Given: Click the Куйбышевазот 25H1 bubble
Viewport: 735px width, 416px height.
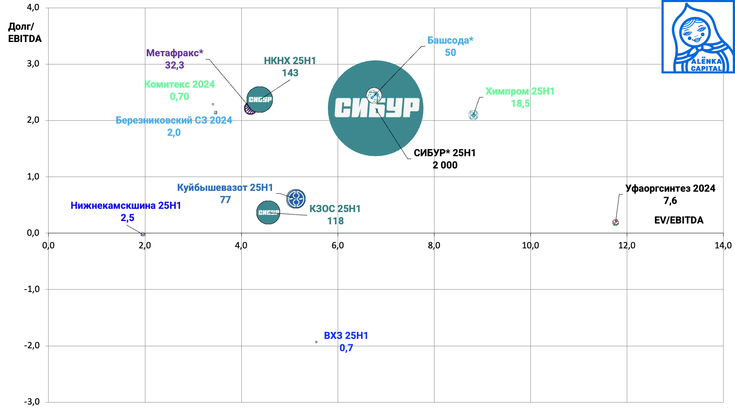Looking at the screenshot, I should click(x=296, y=199).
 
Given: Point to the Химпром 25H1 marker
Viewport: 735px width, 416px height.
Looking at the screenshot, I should click(x=473, y=115).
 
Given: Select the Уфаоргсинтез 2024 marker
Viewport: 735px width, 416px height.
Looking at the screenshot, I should click(x=615, y=222).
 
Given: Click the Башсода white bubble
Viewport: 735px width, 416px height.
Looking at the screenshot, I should click(x=374, y=96).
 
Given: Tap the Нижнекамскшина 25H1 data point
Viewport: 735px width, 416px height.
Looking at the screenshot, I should click(x=143, y=234).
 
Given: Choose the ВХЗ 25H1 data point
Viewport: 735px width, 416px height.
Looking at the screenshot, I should click(x=316, y=342).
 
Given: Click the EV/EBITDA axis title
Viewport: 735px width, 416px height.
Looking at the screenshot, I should click(x=679, y=220).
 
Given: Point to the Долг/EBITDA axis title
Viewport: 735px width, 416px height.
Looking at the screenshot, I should click(x=24, y=33).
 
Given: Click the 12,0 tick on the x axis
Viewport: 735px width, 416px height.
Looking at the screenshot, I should click(x=627, y=246).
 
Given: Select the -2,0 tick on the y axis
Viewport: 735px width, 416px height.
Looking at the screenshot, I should click(x=32, y=345).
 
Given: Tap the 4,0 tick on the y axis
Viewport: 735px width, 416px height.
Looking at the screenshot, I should click(x=33, y=7).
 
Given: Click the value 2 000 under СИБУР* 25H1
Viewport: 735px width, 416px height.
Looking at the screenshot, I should click(x=445, y=165).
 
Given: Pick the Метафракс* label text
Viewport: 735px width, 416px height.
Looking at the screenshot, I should click(x=174, y=53).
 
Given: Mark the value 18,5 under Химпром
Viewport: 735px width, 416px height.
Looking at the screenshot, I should click(x=520, y=104).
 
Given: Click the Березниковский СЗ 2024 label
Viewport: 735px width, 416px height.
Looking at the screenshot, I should click(x=174, y=120).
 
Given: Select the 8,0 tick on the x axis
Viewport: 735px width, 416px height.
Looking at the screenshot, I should click(x=434, y=246).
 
